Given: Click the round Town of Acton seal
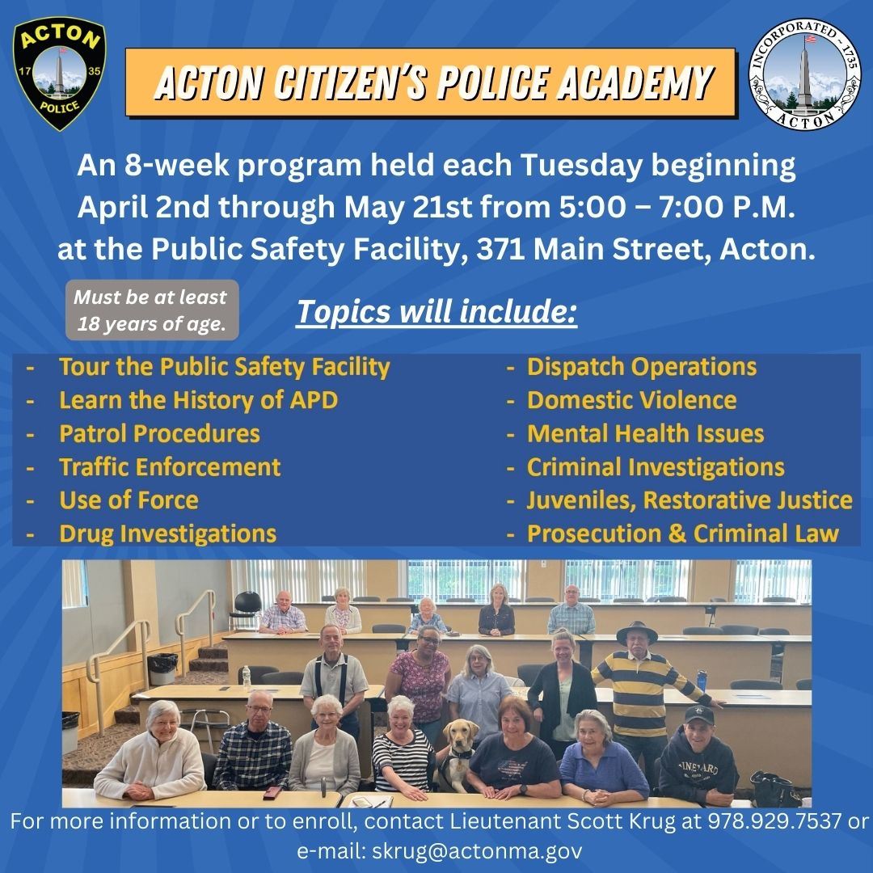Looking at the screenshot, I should tap(805, 74).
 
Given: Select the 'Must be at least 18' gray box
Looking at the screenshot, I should tap(151, 310).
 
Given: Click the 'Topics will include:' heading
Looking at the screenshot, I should tap(436, 312).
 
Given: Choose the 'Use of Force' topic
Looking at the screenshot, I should tap(129, 500).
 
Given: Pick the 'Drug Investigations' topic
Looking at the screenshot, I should tap(167, 533).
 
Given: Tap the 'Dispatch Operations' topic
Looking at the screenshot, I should tap(641, 367).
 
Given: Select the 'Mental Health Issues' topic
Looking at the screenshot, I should tap(645, 434).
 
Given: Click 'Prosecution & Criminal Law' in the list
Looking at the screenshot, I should tap(682, 533).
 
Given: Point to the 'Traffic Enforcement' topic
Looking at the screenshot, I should tap(170, 467).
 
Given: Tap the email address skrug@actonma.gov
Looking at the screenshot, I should tap(477, 851).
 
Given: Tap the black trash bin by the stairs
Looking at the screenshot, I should tap(163, 668).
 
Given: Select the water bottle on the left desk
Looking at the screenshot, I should tap(247, 677).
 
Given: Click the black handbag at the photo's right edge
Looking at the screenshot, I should tap(774, 788).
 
